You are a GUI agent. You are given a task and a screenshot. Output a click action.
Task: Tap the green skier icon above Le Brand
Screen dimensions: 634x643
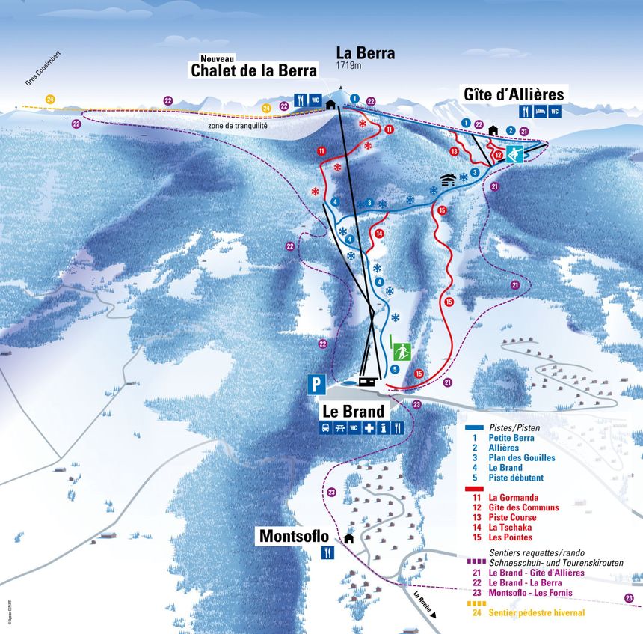(x=401, y=350)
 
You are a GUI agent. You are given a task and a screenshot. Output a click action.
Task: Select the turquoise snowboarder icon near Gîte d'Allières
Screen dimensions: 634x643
(x=515, y=155)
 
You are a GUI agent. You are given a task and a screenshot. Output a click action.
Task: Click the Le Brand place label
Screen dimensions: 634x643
(x=354, y=411)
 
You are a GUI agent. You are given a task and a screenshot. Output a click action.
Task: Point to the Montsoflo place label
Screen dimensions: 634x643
(x=295, y=536)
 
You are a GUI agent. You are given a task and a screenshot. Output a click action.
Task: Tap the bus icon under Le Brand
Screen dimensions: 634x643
(x=327, y=428)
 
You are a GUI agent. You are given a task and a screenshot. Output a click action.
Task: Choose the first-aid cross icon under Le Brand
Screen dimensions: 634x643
(x=369, y=428)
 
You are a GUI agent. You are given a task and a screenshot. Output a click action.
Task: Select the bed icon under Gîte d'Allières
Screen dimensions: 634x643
(x=540, y=112)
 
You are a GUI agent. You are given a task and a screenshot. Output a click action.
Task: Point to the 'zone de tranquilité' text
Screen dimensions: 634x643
(x=238, y=126)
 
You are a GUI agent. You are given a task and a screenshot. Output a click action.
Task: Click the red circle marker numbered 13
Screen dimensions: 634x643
(x=454, y=152)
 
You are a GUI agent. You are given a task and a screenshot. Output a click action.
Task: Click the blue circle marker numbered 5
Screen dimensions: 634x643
(x=395, y=369)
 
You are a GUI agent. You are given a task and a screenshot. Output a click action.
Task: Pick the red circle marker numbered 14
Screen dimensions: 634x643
(x=380, y=234)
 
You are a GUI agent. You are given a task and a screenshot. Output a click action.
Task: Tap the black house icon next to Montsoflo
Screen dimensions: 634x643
(x=348, y=537)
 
